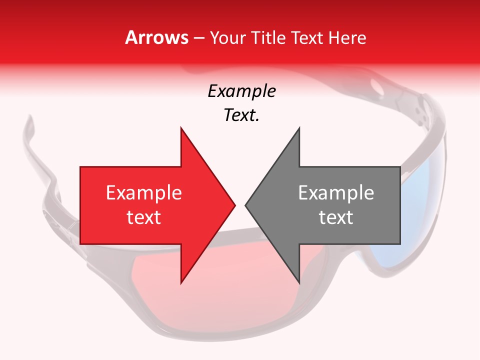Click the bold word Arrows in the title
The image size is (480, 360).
tap(156, 37)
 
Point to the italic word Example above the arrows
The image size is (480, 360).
tap(241, 91)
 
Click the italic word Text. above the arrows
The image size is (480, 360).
tap(241, 115)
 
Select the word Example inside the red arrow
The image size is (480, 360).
tap(143, 192)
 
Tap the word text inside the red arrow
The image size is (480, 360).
tap(143, 217)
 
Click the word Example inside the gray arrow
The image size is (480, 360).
tap(336, 192)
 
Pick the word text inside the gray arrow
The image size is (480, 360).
tap(336, 217)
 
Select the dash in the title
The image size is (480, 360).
tap(198, 38)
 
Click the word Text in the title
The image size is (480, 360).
tap(305, 38)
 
